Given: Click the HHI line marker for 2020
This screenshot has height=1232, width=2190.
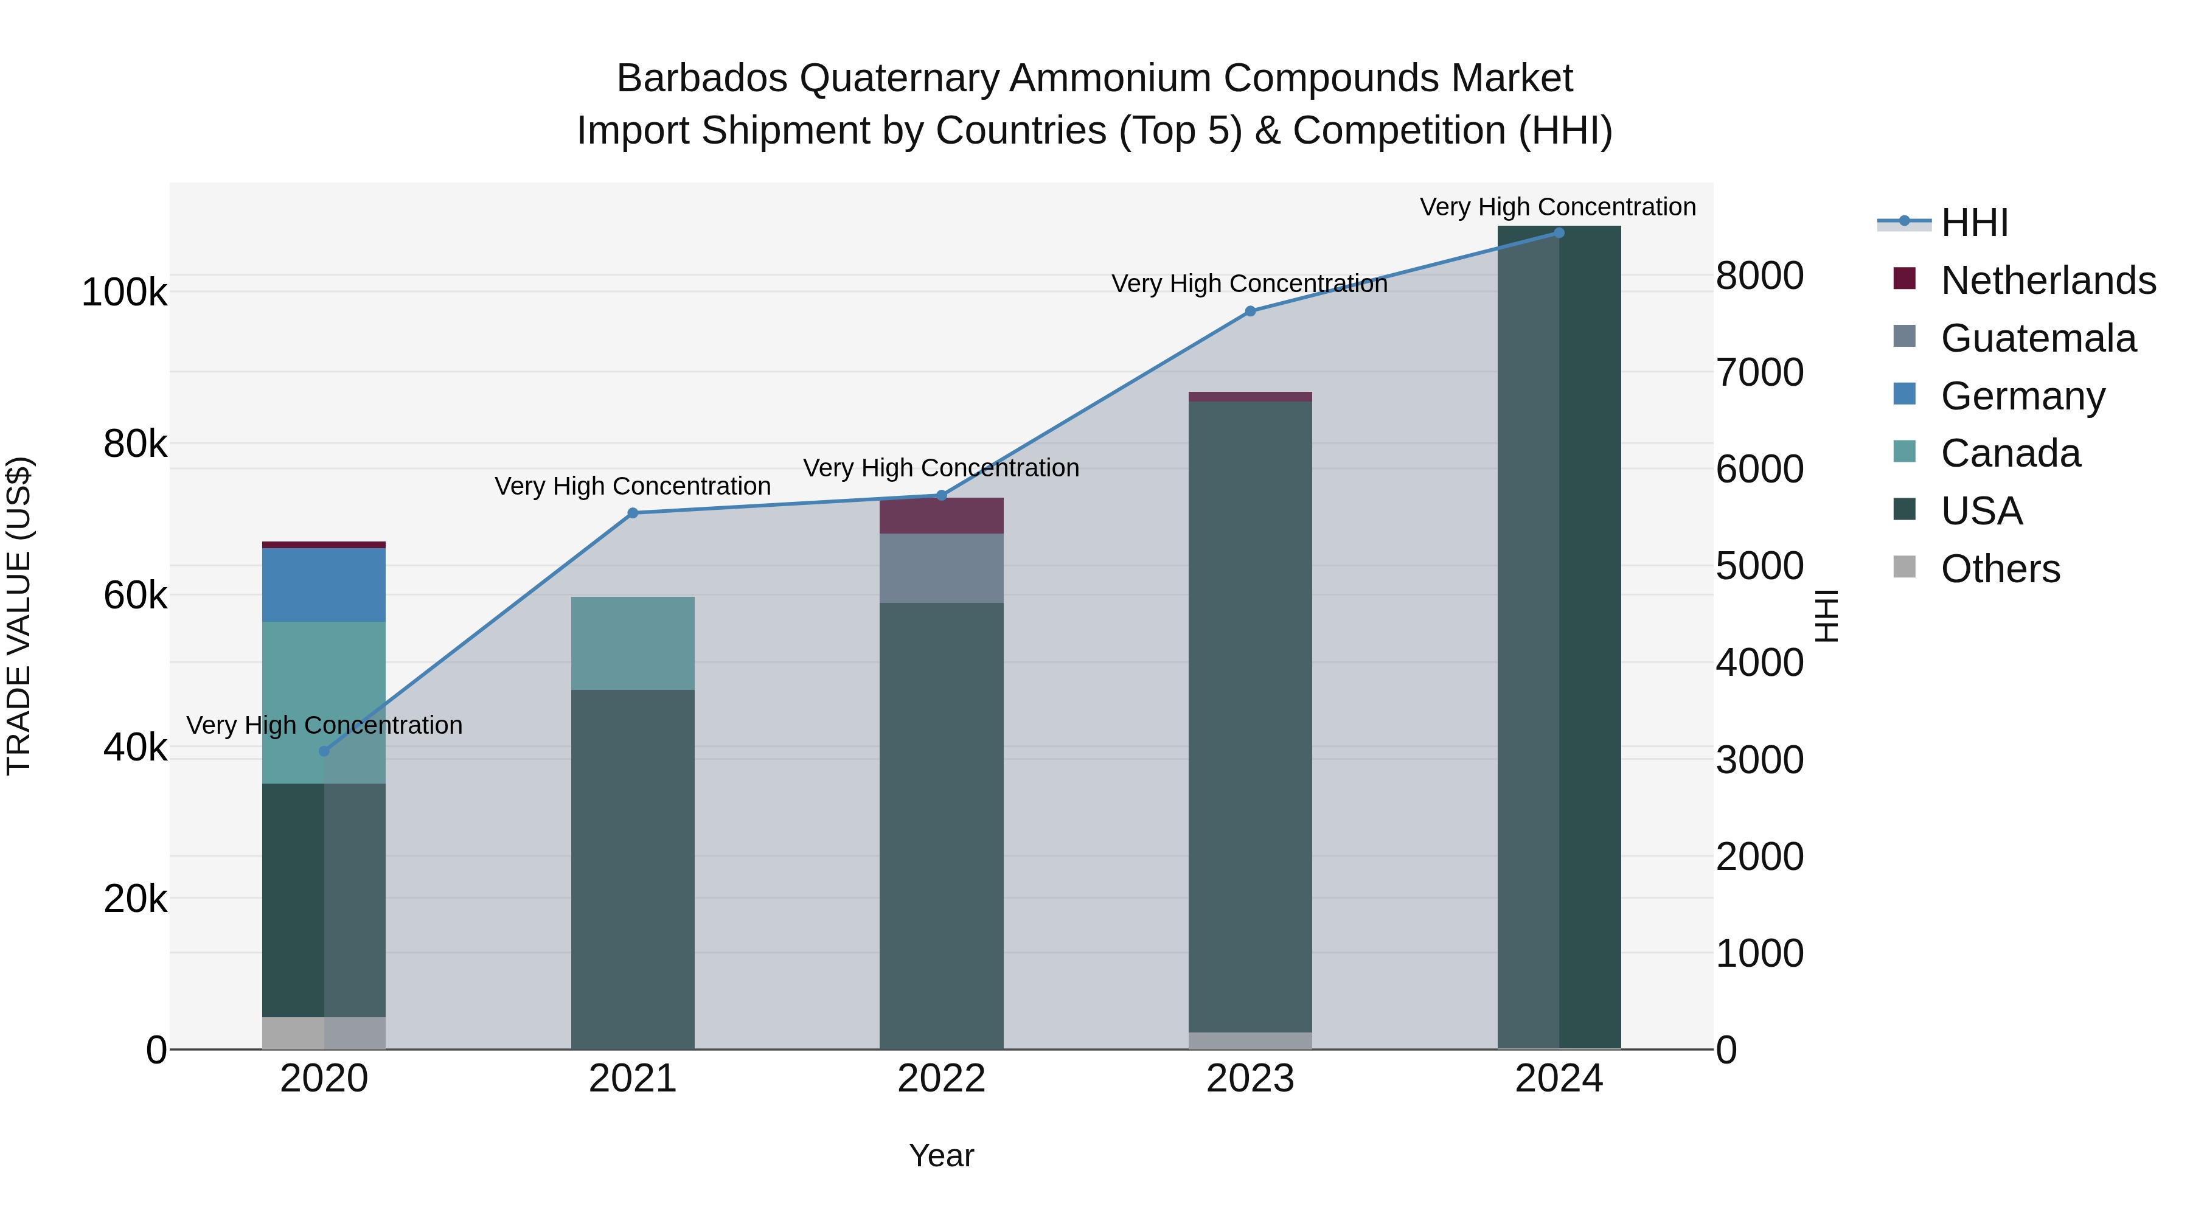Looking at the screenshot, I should pos(324,751).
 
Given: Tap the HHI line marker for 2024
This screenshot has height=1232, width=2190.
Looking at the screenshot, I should pos(1559,233).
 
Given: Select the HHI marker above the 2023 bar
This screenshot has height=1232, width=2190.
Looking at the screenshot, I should pos(1250,311).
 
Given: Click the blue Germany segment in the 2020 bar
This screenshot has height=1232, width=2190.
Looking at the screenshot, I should pos(324,585).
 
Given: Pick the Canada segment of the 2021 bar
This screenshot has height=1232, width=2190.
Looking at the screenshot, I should pos(633,643).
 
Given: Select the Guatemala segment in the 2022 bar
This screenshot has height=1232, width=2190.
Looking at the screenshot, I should pos(941,568).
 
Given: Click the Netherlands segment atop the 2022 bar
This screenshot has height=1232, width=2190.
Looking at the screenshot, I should pos(941,515).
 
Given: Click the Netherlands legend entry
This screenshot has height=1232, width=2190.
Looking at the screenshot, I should pos(2048,280).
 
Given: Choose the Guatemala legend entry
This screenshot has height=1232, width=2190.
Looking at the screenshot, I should pos(2038,338).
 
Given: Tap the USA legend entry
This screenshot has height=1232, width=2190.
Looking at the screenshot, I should pos(1981,511).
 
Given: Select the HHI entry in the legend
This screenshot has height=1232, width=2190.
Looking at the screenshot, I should pos(1974,223).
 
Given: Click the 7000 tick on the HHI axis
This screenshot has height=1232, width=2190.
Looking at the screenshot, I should pos(1759,372).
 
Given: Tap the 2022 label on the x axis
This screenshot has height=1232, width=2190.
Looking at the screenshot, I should pos(941,1079).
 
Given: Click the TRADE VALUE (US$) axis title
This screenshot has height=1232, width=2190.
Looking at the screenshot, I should pos(19,616).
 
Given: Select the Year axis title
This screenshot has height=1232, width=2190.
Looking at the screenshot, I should pos(941,1155).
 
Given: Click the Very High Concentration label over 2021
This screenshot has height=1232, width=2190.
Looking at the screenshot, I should pos(633,486).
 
